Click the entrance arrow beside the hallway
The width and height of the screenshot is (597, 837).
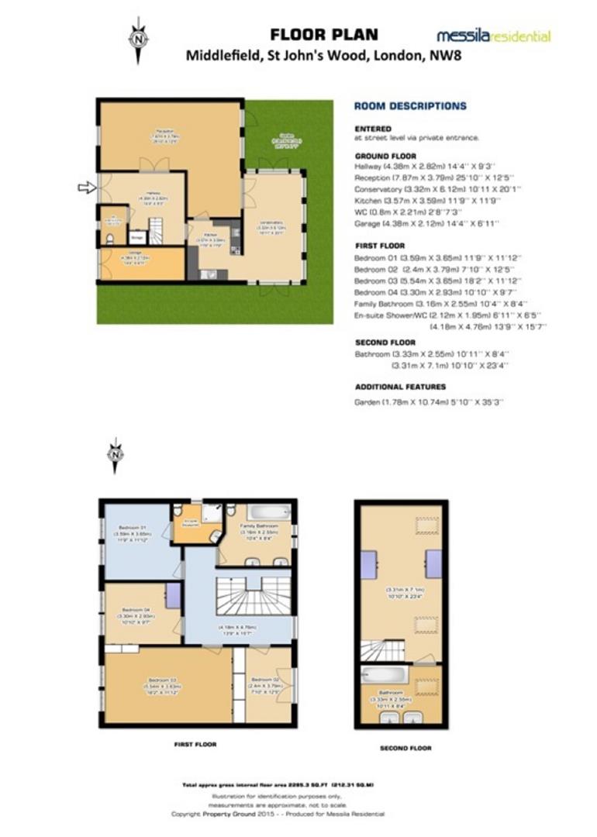(88, 187)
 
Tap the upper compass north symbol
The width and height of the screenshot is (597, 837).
(139, 36)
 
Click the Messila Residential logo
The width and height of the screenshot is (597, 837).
(493, 36)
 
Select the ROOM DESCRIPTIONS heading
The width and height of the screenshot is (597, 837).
(410, 106)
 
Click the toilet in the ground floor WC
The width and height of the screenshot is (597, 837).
(110, 239)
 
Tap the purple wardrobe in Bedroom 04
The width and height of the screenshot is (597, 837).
(173, 595)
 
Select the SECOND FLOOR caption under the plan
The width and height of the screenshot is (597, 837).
(405, 748)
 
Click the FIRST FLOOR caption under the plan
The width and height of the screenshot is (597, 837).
(195, 744)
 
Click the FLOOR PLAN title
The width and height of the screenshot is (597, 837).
(324, 34)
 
